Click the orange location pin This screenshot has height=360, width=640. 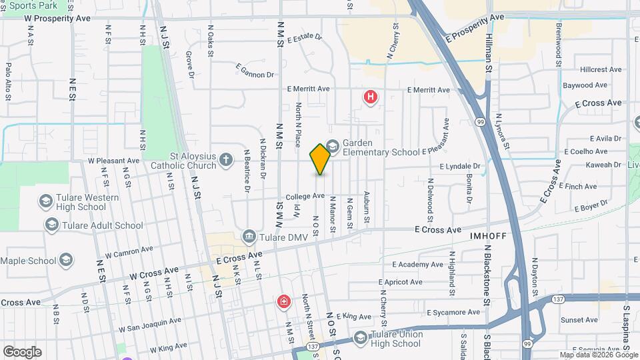[x=320, y=159]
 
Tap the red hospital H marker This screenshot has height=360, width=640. [x=371, y=97]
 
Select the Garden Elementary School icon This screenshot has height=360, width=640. [x=333, y=145]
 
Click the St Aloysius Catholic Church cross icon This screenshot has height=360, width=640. [x=227, y=160]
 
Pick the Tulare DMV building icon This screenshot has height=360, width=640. [x=249, y=235]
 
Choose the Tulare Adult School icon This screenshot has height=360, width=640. [x=51, y=225]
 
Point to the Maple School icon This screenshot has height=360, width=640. [x=65, y=259]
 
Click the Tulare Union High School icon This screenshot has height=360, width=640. [x=361, y=338]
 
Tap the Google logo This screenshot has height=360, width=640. [x=22, y=351]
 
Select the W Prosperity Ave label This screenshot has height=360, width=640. [x=57, y=18]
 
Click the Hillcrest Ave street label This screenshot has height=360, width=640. [x=601, y=69]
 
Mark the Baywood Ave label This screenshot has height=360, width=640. [x=585, y=85]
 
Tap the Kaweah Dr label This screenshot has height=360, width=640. [x=605, y=165]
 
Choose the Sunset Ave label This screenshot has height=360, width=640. [x=579, y=320]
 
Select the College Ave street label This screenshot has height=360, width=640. [x=305, y=197]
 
